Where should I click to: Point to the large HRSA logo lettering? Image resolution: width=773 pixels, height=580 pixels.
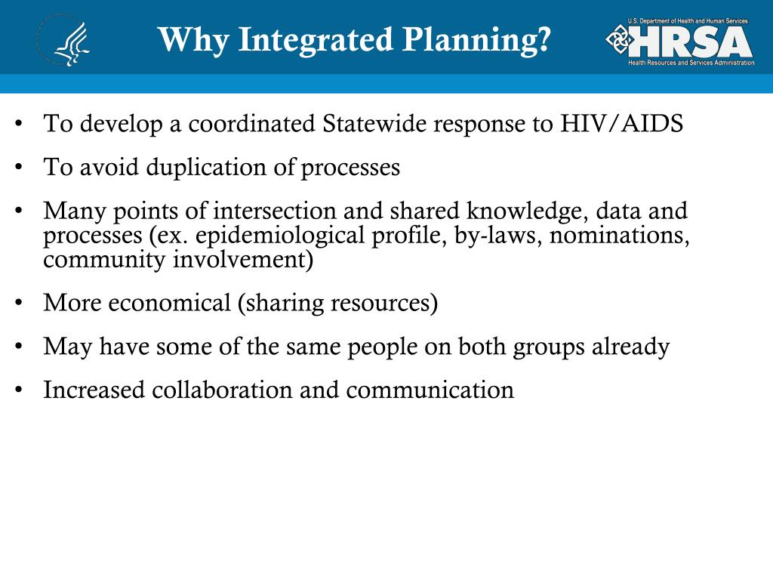691,42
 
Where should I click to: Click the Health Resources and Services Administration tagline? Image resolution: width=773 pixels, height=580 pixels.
691,63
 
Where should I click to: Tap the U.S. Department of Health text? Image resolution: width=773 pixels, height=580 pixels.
687,21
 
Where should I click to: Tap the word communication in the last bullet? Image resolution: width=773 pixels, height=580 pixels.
430,390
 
